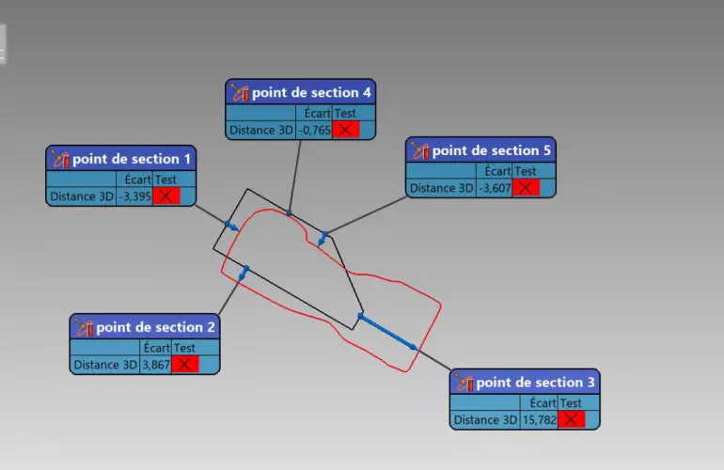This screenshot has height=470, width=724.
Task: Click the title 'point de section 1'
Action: click(133, 159)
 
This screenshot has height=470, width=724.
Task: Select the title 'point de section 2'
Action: click(156, 327)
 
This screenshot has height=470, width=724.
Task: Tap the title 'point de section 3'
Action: click(536, 383)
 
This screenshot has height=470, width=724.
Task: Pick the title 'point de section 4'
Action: click(311, 92)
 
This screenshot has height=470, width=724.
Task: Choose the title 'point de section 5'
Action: click(492, 150)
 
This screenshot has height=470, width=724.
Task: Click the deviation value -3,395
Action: click(137, 196)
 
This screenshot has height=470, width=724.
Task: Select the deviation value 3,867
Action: click(155, 364)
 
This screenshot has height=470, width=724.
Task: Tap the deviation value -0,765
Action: click(314, 130)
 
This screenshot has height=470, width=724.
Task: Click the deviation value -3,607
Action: click(495, 188)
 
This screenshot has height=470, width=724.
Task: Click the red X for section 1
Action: click(166, 196)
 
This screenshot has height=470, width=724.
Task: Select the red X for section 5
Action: click(526, 188)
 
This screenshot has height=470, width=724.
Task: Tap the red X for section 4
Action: click(345, 130)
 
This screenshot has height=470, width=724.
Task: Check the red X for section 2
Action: click(185, 364)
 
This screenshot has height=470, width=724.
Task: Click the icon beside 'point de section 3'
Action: click(464, 383)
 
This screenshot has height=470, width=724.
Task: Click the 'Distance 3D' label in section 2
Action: click(105, 364)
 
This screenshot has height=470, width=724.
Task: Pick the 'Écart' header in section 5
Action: click(497, 171)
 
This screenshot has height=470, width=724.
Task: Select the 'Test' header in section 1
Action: click(165, 179)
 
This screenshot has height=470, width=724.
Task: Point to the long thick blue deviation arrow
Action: click(388, 332)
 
